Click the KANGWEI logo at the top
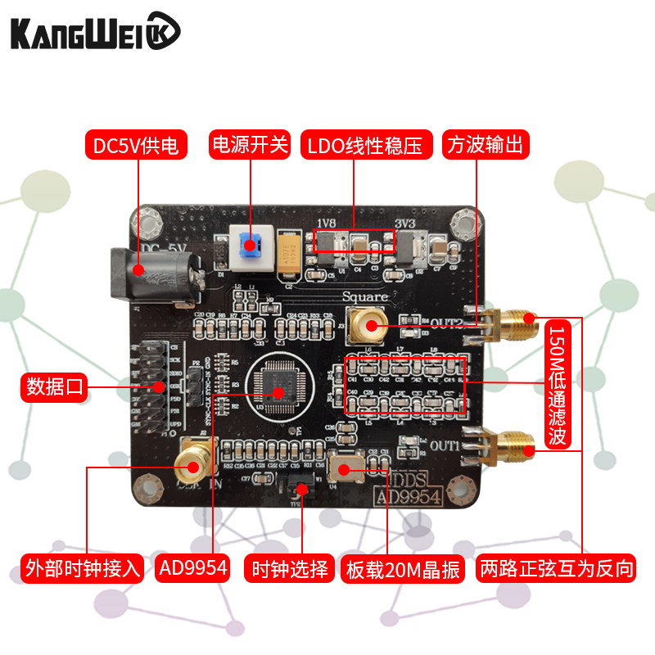(x=94, y=34)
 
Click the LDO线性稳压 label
(x=365, y=146)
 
